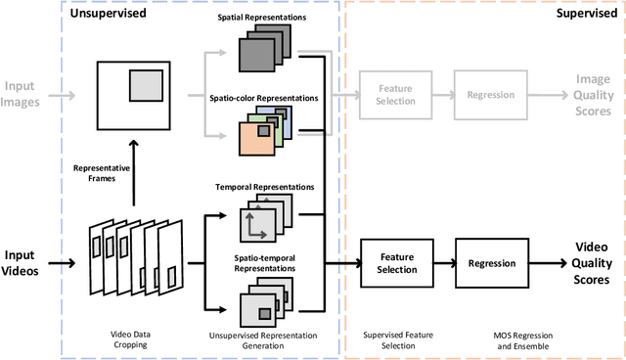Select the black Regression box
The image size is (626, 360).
(491, 263)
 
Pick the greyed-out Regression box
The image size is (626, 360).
(491, 95)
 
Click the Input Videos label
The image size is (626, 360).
(28, 263)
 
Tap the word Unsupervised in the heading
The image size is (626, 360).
(115, 15)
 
